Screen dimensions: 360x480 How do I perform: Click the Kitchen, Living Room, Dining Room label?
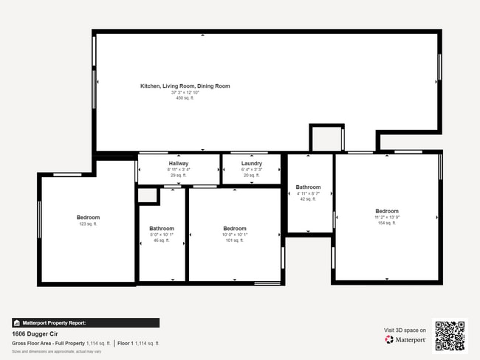point(185,86)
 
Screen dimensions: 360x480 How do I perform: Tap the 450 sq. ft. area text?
point(185,98)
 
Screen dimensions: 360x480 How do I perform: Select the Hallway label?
point(179,163)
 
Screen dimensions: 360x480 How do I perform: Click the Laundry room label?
point(252,163)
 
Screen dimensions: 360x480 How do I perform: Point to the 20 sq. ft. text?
point(252,175)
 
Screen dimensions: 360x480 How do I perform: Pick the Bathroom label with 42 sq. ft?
point(308,187)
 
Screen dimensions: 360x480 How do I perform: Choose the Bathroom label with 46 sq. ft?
point(162,229)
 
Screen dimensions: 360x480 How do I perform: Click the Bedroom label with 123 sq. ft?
point(88,217)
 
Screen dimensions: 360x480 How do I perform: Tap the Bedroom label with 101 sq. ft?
point(235,229)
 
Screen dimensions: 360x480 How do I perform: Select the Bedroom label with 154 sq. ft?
point(386,211)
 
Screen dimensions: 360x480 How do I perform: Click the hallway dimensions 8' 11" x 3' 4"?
point(179,169)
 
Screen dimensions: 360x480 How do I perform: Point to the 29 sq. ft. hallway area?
point(179,175)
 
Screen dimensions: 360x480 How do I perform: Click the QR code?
point(450,336)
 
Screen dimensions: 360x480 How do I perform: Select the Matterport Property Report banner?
point(85,322)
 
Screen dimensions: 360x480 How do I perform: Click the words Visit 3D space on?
point(405,330)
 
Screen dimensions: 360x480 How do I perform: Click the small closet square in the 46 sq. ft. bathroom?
point(148,195)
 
